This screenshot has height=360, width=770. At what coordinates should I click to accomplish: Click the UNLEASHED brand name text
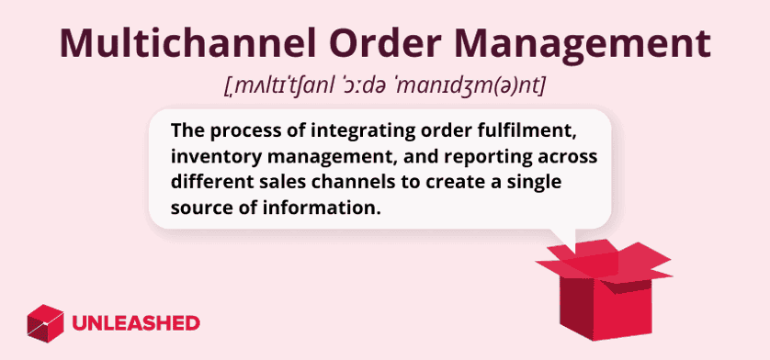pos(135,323)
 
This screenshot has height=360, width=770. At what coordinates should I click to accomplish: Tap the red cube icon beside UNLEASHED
pos(45,322)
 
